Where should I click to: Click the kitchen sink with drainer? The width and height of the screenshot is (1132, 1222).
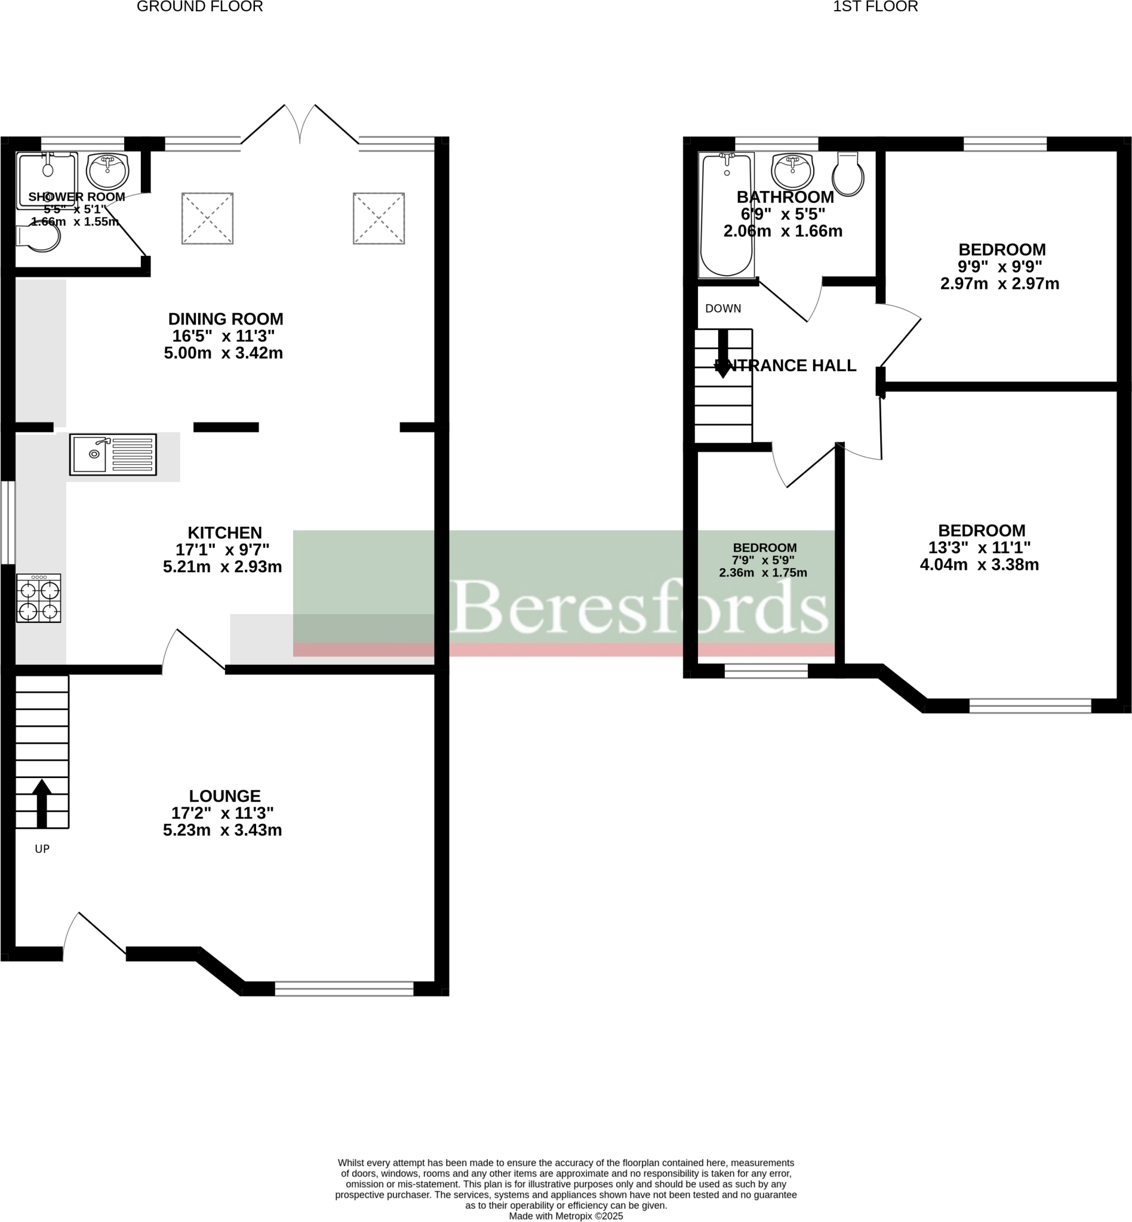coord(113,454)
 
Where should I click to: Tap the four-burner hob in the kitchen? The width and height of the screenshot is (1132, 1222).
coord(39,598)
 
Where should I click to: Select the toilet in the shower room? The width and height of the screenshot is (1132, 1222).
coord(39,238)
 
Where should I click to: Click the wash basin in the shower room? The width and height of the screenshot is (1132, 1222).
coord(107,171)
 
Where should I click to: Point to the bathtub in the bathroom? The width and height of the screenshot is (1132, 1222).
coord(727,215)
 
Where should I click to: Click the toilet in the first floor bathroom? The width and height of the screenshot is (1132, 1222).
coord(848,174)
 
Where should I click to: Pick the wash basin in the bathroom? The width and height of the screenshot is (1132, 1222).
coord(792,171)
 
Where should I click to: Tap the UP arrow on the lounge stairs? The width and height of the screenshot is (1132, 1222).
coord(42,803)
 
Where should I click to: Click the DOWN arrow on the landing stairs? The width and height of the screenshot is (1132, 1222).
coord(723,353)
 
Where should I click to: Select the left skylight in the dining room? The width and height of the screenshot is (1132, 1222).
coord(207,218)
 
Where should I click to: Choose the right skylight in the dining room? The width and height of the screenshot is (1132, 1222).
coord(379,218)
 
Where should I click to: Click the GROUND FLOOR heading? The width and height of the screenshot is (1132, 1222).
coord(199,7)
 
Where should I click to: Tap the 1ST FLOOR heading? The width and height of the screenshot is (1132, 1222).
coord(875,7)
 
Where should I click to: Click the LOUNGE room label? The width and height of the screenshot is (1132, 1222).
coord(225,796)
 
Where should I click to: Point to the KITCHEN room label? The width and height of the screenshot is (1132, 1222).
coord(225,533)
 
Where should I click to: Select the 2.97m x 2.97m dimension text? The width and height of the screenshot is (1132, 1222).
coord(999,284)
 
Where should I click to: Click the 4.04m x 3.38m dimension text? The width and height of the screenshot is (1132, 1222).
coord(980,565)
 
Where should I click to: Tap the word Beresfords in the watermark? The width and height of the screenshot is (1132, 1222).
coord(639,606)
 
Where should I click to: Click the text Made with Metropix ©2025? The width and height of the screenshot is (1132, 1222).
coord(566,1217)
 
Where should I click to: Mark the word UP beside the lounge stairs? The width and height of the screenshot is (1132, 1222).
coord(42,848)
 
